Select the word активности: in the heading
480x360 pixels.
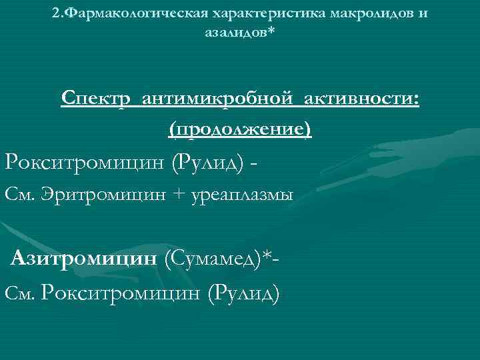(362, 99)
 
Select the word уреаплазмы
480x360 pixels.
(241, 195)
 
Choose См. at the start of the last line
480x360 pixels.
(20, 292)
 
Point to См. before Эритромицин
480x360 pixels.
(20, 195)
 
